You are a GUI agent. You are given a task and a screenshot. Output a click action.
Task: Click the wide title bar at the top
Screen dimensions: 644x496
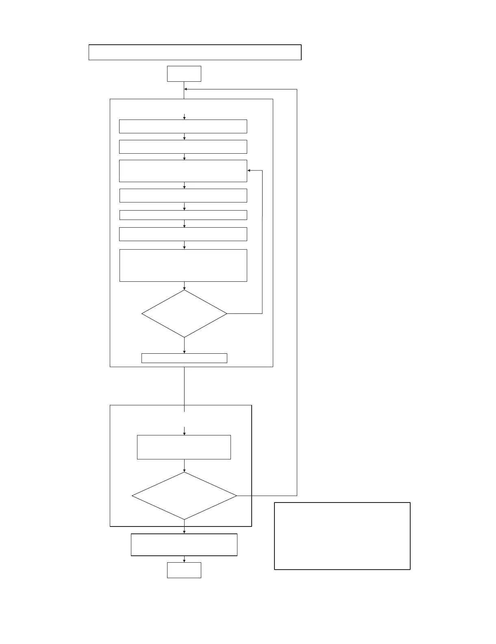[195, 52]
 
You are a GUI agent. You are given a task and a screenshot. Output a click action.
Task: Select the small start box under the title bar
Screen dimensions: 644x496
[184, 74]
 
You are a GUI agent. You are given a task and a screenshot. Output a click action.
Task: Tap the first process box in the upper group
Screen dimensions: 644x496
[183, 126]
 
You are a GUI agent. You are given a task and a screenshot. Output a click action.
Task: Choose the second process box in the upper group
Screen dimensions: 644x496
[183, 147]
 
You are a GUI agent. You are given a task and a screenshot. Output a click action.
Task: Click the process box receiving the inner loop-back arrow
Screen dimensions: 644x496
[183, 171]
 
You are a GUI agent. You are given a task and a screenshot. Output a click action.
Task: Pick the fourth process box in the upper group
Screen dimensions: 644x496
[183, 196]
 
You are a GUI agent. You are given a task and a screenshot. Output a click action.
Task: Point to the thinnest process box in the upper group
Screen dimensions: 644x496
[183, 215]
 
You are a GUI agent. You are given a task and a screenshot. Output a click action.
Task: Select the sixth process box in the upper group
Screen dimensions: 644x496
[183, 234]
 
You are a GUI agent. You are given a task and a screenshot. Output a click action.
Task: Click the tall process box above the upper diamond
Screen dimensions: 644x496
[183, 265]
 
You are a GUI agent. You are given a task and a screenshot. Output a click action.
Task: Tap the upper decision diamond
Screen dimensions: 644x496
[184, 313]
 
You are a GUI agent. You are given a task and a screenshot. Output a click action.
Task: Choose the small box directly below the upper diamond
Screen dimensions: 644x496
[184, 358]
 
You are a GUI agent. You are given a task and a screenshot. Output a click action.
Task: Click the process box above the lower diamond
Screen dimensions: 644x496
[184, 447]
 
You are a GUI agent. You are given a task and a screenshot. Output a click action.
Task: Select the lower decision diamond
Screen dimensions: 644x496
[184, 496]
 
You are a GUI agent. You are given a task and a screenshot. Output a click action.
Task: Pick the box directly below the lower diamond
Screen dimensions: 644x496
[184, 545]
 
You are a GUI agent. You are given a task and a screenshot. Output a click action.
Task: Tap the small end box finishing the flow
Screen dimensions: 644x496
[184, 570]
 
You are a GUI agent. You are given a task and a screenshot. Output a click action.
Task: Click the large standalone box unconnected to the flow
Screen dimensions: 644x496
[342, 536]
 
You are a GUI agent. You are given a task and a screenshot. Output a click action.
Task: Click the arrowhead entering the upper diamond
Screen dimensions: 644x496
[184, 288]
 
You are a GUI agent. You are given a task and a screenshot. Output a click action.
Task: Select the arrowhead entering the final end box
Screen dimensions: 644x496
[184, 561]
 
